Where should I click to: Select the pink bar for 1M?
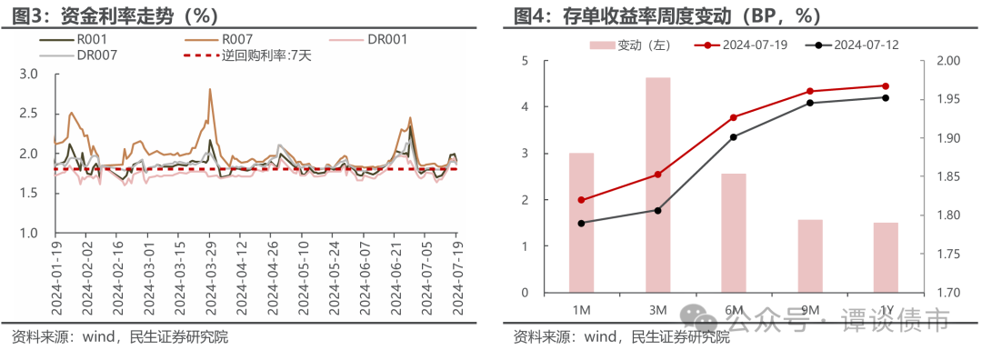click(x=581, y=223)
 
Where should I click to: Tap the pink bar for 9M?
click(x=811, y=255)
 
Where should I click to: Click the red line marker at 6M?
click(x=734, y=117)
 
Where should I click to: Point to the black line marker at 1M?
click(x=581, y=223)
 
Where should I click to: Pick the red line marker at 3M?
click(x=657, y=175)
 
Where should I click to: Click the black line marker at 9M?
click(x=811, y=103)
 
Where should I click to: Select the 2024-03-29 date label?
click(x=212, y=277)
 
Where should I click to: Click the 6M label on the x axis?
click(x=734, y=310)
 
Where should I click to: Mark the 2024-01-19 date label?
click(x=56, y=277)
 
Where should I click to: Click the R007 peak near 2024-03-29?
click(x=211, y=89)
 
